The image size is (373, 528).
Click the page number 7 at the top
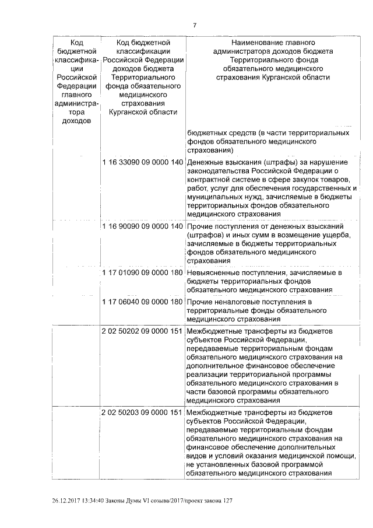(195, 25)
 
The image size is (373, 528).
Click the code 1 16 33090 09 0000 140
(142, 162)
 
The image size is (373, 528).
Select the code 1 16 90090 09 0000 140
(142, 226)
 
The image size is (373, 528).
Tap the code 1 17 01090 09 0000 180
(142, 272)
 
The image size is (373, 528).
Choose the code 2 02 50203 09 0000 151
(142, 412)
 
